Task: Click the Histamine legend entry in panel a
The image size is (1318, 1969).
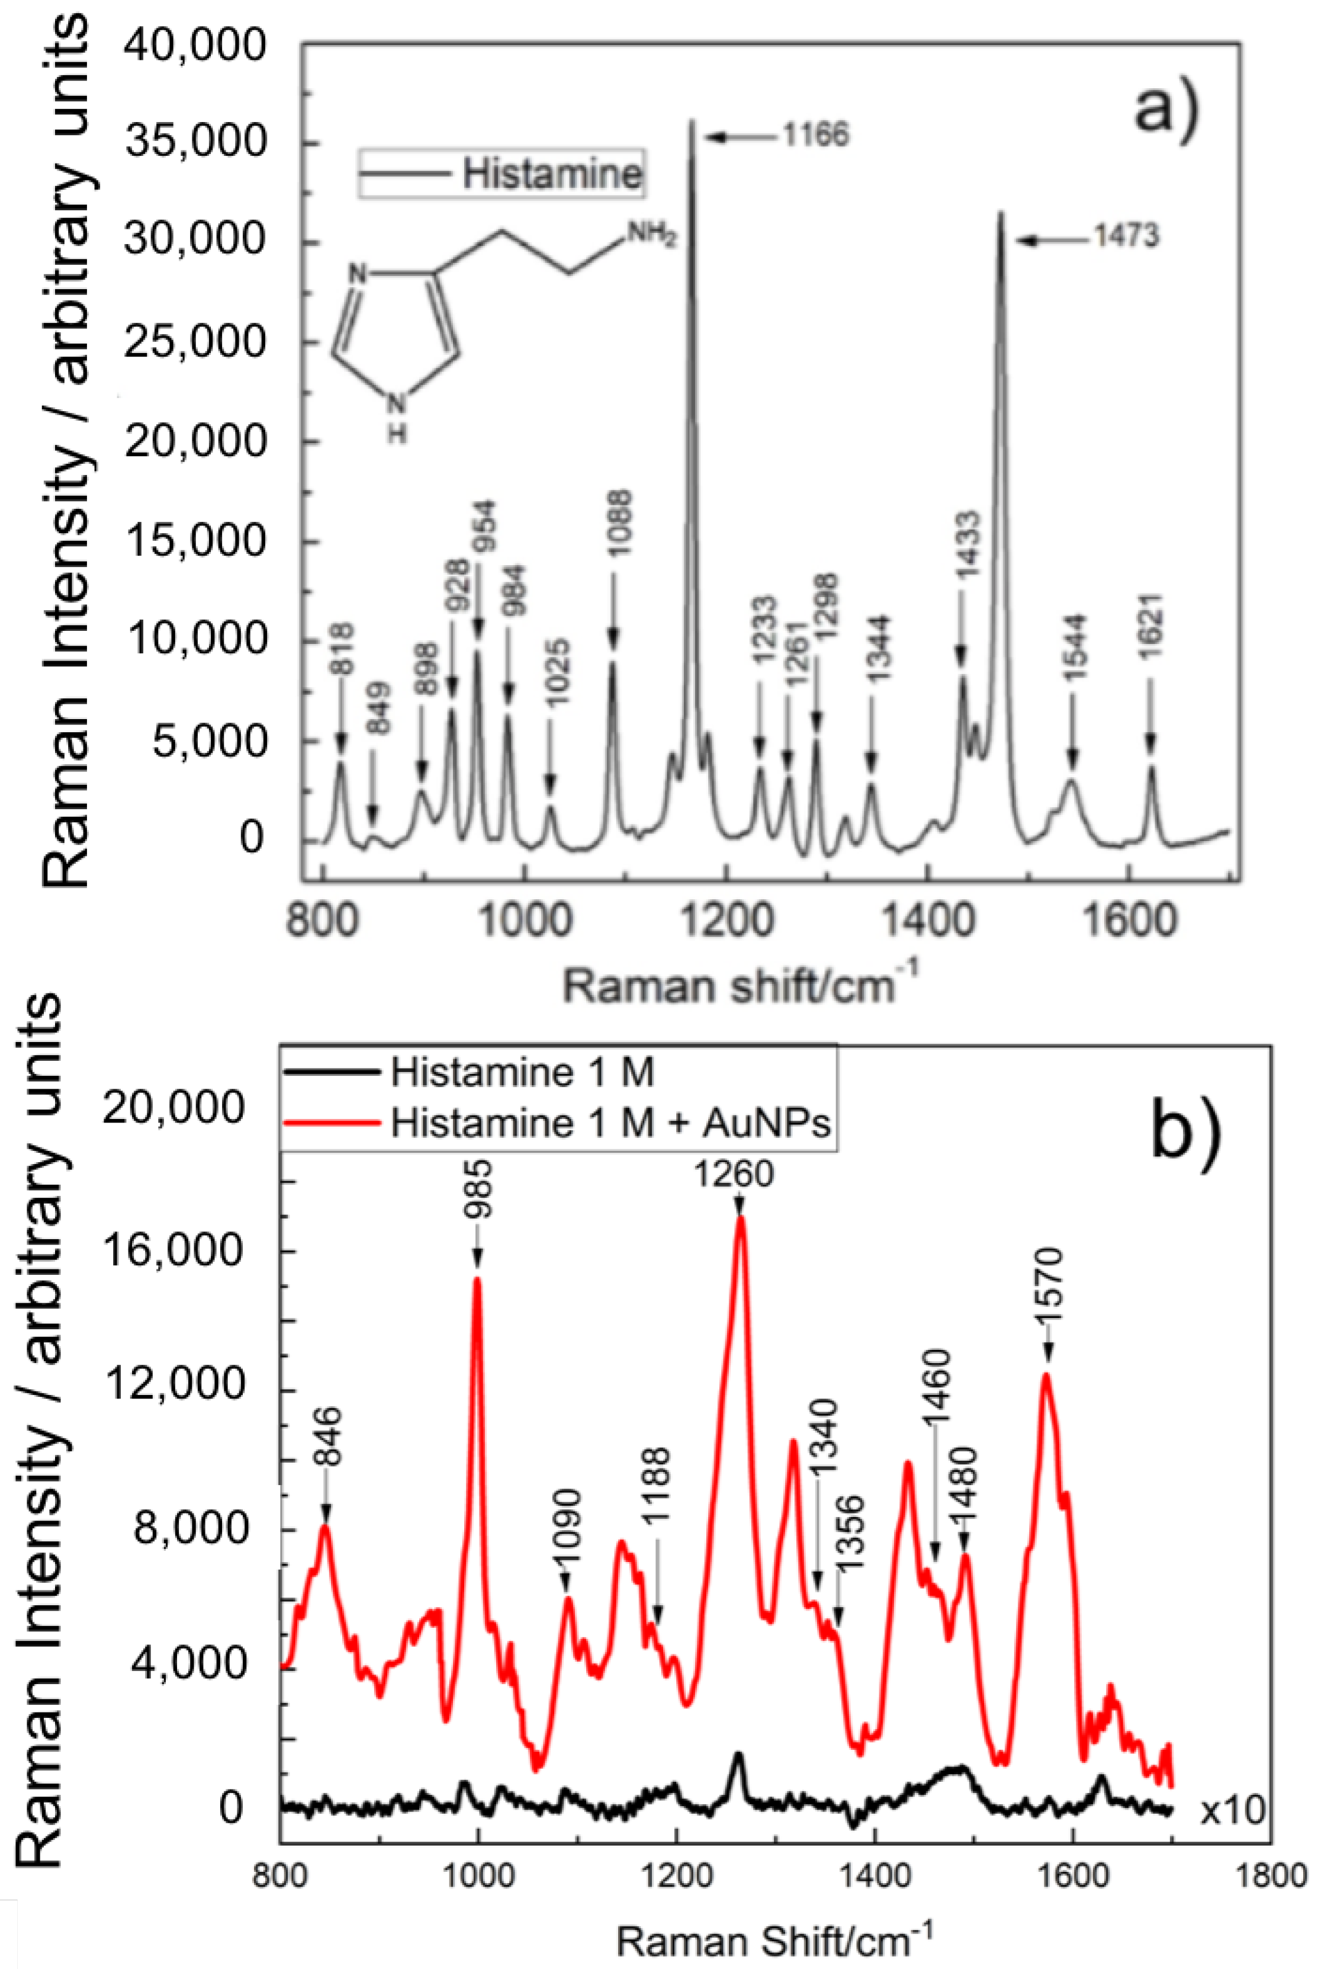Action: coord(551,175)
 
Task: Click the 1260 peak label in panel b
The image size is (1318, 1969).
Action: coord(733,1173)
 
